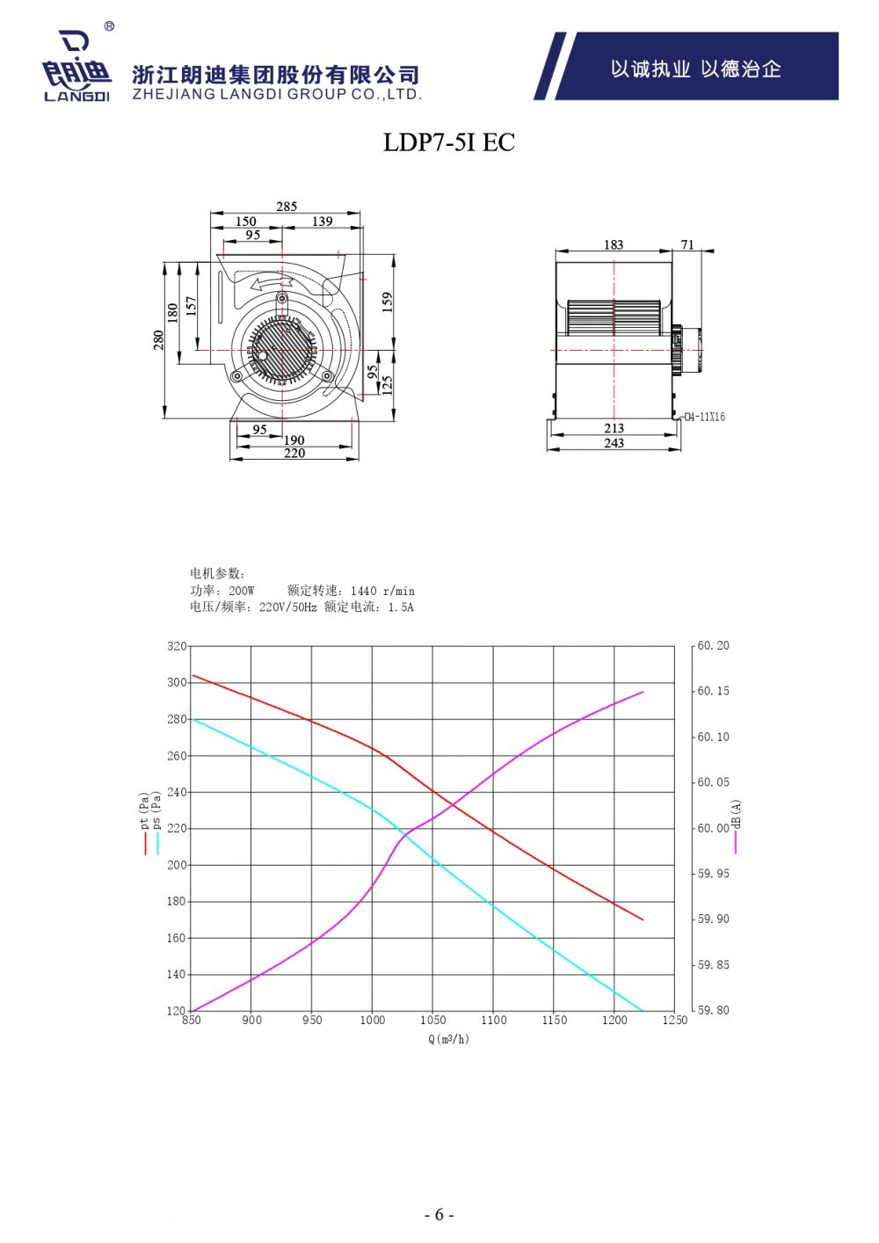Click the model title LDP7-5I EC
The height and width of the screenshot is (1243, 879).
[449, 142]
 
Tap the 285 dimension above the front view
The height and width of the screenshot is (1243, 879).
[287, 207]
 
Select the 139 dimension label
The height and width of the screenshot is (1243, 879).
[322, 222]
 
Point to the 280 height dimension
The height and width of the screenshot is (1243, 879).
[159, 340]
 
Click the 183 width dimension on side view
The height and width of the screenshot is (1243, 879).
[614, 244]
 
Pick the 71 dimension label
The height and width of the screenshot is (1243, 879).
[687, 244]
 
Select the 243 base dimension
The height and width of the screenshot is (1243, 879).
[614, 443]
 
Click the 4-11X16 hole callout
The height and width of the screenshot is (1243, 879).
[704, 417]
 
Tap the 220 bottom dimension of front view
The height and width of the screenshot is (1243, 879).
[294, 454]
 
